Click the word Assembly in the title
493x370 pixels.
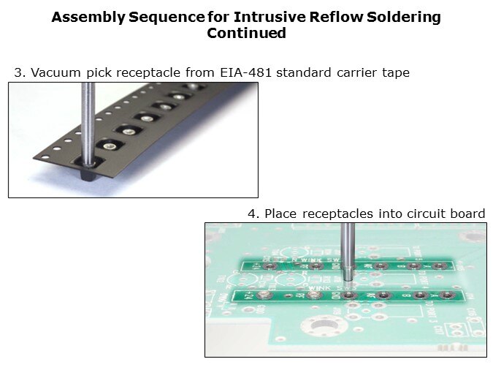pos(88,18)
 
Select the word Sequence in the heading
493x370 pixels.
pos(167,18)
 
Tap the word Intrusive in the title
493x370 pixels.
pos(270,17)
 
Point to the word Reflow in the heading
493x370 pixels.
pos(336,17)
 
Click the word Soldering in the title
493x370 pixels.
pos(404,18)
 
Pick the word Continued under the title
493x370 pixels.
pos(247,33)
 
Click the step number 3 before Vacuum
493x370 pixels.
pos(20,72)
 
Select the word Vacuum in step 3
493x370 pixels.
pos(56,72)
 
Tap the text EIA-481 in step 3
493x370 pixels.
pos(245,72)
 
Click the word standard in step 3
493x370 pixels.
pos(303,72)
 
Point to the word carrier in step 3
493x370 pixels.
pos(356,72)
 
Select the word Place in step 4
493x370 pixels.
pos(280,214)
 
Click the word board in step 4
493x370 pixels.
pos(467,214)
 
